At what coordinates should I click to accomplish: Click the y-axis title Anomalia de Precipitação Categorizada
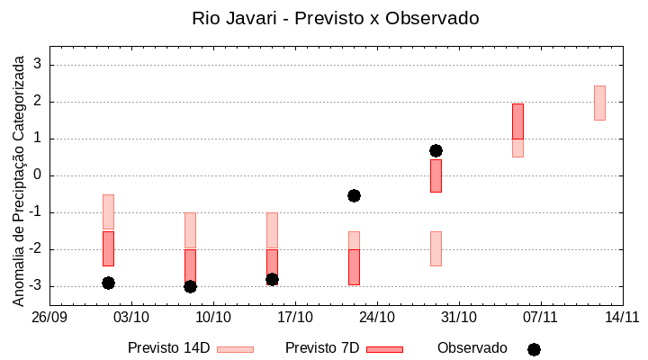[18, 178]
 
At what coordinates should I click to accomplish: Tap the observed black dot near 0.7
[436, 150]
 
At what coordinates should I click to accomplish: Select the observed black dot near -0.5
[354, 195]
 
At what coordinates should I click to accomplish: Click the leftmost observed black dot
[108, 283]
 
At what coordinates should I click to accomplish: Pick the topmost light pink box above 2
[599, 103]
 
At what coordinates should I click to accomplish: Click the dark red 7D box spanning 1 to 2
[517, 121]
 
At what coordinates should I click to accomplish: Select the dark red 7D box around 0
[436, 175]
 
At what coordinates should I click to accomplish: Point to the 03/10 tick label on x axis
[131, 317]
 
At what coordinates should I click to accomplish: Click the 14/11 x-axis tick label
[622, 317]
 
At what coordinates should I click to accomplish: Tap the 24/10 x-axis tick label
[377, 317]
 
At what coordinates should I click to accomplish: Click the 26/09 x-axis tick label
[50, 317]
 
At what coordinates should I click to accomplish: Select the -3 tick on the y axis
[36, 286]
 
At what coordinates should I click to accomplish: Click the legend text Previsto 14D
[168, 348]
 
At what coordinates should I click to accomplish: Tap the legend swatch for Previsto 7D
[384, 349]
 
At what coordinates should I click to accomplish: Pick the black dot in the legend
[534, 349]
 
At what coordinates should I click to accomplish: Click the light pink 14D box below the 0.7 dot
[436, 248]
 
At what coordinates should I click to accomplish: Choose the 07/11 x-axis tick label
[541, 317]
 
